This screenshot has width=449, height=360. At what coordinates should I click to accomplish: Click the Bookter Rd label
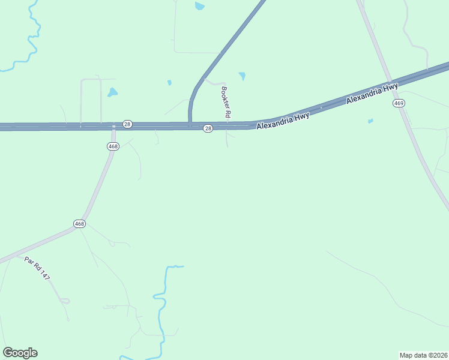[226, 101]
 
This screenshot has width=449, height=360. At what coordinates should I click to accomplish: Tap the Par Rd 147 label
[37, 268]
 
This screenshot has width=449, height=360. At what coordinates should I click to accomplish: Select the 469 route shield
[399, 103]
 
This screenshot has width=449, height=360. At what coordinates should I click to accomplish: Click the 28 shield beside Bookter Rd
[208, 128]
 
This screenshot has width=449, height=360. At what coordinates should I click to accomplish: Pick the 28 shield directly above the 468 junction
[127, 124]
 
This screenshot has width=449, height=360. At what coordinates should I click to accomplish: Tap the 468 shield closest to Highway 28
[113, 146]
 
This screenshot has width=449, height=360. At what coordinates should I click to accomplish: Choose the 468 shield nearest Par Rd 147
[80, 224]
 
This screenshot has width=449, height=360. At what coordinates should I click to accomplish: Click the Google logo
[20, 353]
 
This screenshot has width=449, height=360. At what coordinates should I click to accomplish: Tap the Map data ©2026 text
[423, 355]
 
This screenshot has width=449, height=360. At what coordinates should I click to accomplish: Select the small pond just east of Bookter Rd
[242, 76]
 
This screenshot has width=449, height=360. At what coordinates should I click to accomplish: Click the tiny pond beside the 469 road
[370, 121]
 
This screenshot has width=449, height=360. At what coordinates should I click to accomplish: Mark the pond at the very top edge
[199, 6]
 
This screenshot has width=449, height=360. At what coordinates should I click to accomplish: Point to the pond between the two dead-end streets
[112, 92]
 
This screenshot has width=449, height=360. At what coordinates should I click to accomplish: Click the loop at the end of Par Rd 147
[65, 300]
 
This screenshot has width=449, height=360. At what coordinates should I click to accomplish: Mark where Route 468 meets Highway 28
[113, 127]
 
